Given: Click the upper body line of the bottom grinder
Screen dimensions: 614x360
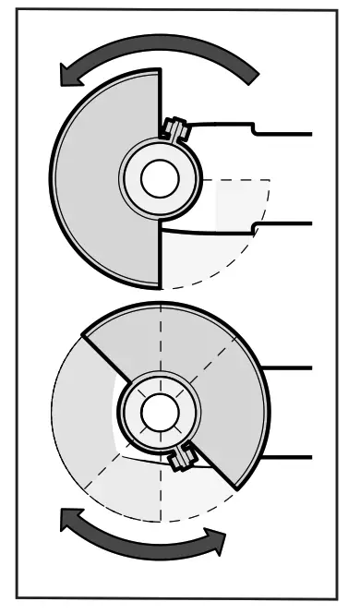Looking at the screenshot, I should tap(291, 367).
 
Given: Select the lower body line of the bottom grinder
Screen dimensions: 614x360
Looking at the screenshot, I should tap(291, 455).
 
